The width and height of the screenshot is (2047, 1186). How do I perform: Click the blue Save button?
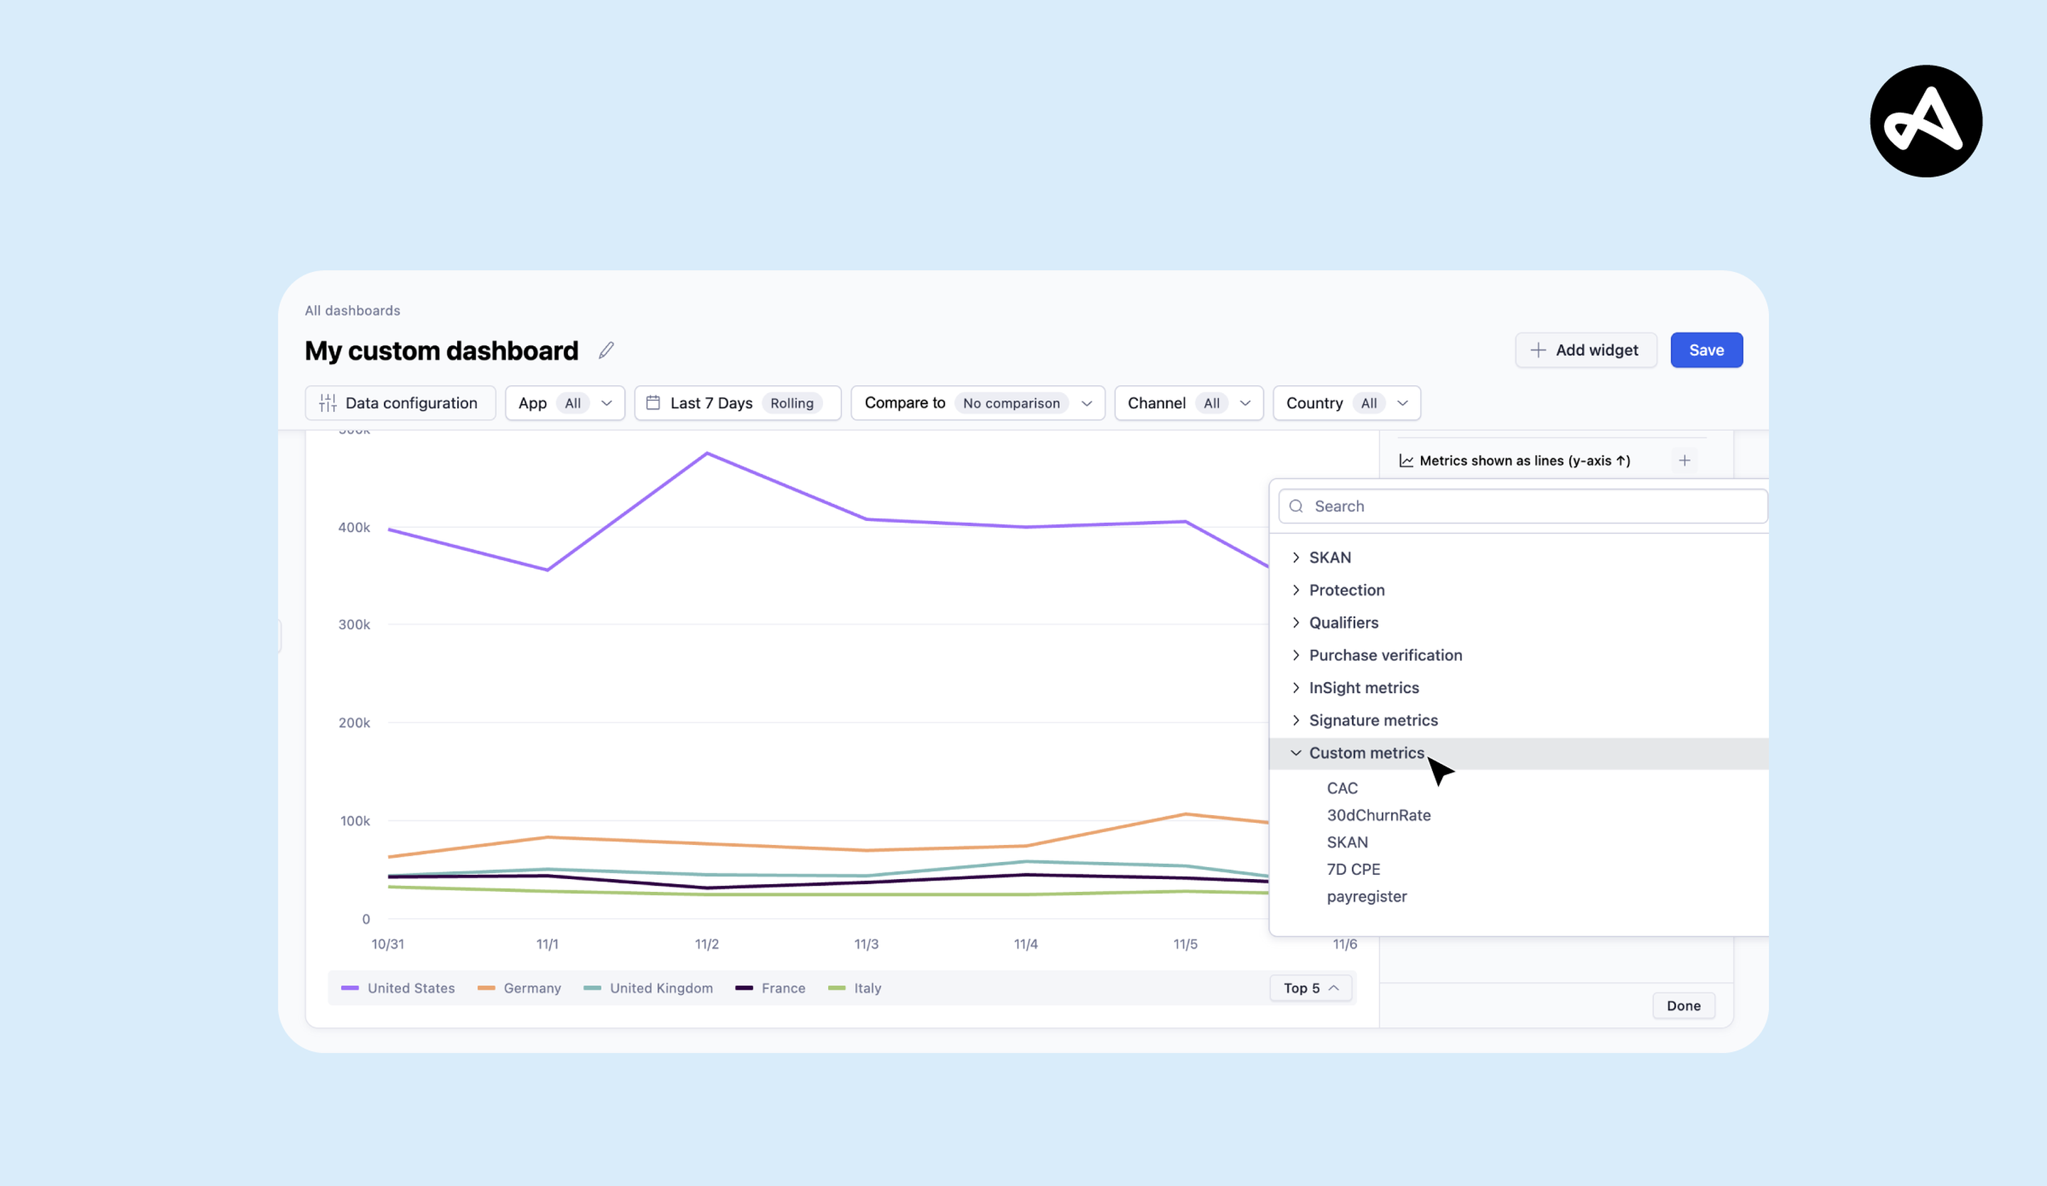pos(1706,350)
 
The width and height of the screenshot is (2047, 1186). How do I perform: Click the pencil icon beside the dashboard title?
pos(606,350)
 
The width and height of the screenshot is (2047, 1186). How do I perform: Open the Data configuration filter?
pos(399,403)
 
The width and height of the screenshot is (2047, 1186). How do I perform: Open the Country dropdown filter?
pos(1346,403)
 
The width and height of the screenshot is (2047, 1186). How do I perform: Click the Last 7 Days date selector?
pos(737,403)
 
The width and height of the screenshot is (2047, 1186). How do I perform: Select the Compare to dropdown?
pos(977,403)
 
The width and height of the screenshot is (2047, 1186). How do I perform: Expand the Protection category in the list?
pos(1346,590)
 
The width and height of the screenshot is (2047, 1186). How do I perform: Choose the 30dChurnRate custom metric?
pos(1378,815)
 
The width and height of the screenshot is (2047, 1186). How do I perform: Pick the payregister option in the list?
pos(1366,896)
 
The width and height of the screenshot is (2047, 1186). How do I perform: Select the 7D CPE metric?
pos(1353,869)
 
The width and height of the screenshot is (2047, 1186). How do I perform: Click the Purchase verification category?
pos(1385,654)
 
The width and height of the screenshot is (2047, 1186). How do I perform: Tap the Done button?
pos(1683,1006)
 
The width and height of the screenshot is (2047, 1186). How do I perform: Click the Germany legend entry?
pos(531,988)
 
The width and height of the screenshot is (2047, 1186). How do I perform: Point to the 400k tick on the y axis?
pos(354,527)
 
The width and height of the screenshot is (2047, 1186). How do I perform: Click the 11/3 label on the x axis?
pos(866,944)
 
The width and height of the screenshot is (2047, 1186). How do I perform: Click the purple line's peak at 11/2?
pos(706,453)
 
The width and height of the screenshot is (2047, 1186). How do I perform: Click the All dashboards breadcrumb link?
pos(353,311)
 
